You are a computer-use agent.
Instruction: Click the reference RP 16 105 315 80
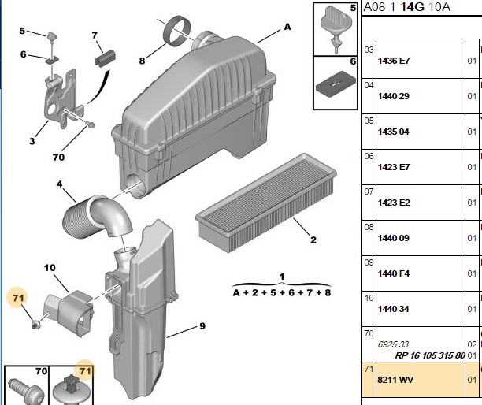click(430, 355)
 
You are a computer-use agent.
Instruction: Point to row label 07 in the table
click(369, 191)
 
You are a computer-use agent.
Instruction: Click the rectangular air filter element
click(266, 203)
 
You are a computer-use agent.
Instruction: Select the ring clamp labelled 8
click(176, 31)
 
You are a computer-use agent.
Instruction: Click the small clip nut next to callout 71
click(35, 325)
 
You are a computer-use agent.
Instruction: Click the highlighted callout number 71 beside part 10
click(18, 298)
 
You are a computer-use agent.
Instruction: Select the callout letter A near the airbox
click(287, 27)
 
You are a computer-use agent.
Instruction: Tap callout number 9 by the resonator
click(202, 326)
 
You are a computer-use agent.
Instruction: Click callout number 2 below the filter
click(313, 240)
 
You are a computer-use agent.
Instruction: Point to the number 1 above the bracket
click(282, 277)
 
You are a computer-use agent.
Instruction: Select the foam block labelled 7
click(106, 57)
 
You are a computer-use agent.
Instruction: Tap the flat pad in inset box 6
click(336, 84)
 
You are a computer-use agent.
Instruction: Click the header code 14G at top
click(412, 6)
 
